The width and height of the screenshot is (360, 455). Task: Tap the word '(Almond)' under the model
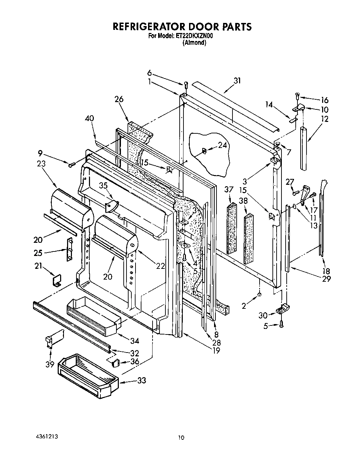pos(195,43)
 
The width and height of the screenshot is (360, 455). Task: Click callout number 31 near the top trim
pos(237,81)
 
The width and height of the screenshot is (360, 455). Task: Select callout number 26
pos(119,99)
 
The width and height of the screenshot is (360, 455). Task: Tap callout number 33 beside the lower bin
pos(141,380)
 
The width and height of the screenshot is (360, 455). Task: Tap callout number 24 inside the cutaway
pos(222,146)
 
